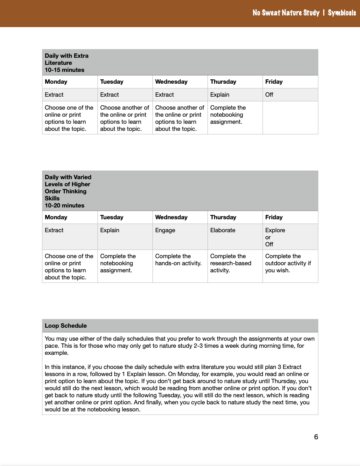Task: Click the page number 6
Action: pos(316,437)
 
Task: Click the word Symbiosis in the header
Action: pos(342,13)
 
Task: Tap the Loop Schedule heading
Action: pos(66,326)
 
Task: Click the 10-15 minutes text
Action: pos(64,70)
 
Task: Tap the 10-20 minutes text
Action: pos(64,205)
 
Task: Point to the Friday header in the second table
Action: pos(274,217)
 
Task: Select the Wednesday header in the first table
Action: pos(171,82)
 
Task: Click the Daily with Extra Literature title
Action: pos(66,59)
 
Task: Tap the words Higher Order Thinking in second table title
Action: pos(67,188)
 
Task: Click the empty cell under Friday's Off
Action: pos(290,118)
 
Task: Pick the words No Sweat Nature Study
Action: pos(286,13)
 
